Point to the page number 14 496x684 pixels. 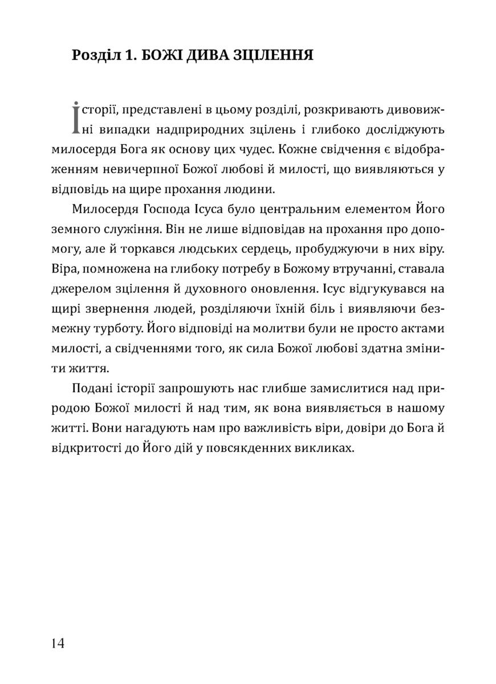pyautogui.click(x=58, y=643)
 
